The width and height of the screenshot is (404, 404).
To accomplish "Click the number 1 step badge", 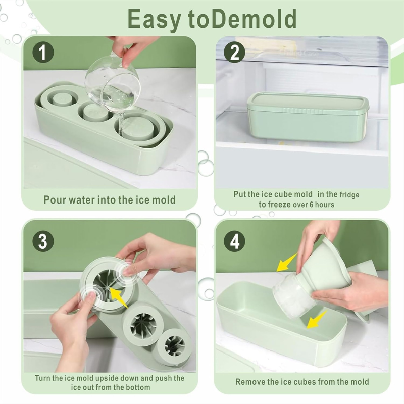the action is pos(43,53).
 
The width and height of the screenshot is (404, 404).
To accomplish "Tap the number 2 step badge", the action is pos(234,53).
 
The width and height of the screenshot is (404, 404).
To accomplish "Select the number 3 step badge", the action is pos(43,242).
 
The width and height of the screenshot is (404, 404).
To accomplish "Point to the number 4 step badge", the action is pos(234,242).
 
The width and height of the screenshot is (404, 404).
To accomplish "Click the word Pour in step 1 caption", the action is pos(54,200).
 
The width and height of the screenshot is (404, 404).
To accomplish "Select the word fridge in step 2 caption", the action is pos(349,194).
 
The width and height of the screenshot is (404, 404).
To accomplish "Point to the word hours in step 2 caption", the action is pos(325,205).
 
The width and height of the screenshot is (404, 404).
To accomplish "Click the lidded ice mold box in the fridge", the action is pos(308,117).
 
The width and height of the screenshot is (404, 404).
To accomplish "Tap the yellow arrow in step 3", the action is pos(119,297).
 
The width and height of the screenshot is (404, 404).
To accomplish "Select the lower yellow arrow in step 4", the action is pos(317,320).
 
